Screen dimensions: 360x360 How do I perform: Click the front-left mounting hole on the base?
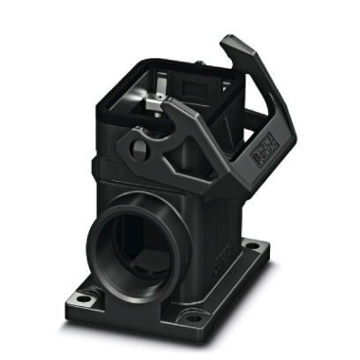(82, 298)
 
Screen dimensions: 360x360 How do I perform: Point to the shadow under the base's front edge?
(132, 329)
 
